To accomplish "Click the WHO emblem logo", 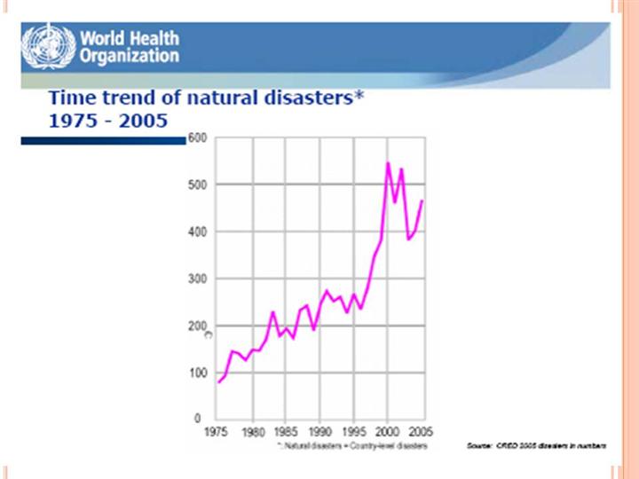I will coord(48,47).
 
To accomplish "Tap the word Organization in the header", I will coord(130,57).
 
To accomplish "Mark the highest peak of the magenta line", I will coord(388,163).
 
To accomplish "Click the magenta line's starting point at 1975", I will coord(218,381).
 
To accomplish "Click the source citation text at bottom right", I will coord(536,444).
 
